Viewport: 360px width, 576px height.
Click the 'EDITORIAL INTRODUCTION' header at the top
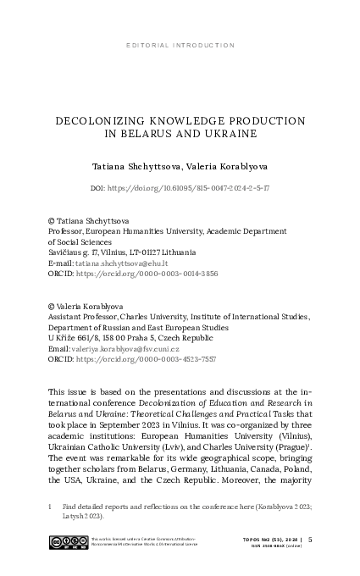point(180,45)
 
